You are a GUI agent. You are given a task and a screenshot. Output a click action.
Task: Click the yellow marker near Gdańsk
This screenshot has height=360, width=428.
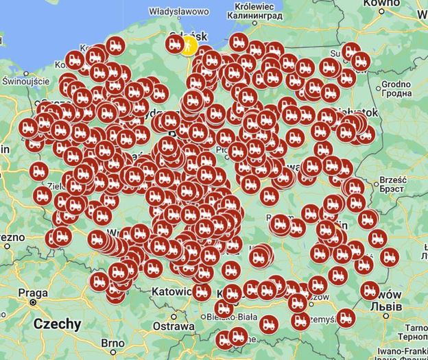(x=188, y=46)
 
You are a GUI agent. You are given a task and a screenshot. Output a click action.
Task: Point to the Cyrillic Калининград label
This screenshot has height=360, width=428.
(x=259, y=14)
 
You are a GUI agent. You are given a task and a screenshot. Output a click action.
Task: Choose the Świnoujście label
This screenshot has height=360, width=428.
(x=26, y=81)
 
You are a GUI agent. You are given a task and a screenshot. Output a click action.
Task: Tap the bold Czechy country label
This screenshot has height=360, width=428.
(x=57, y=324)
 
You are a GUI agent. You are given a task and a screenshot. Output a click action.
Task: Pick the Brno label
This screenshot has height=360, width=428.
(x=113, y=342)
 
